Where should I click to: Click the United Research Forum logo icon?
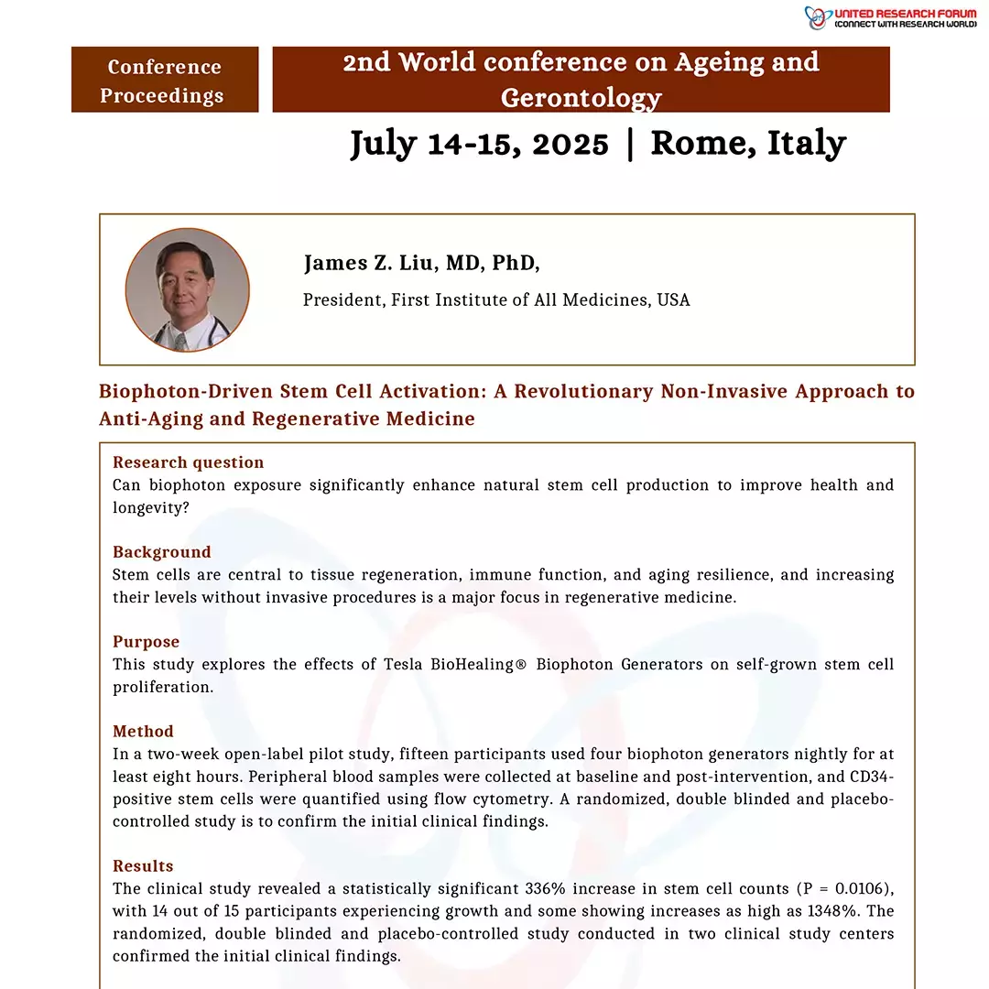817,17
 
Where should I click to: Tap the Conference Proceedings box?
165,81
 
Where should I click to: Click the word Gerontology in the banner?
581,98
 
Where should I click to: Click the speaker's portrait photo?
187,290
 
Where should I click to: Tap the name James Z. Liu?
370,264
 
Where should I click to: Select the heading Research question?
188,462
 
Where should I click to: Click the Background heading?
162,552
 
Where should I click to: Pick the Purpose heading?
147,642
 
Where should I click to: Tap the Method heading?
143,732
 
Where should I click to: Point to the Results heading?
143,866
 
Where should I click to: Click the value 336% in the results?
545,889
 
